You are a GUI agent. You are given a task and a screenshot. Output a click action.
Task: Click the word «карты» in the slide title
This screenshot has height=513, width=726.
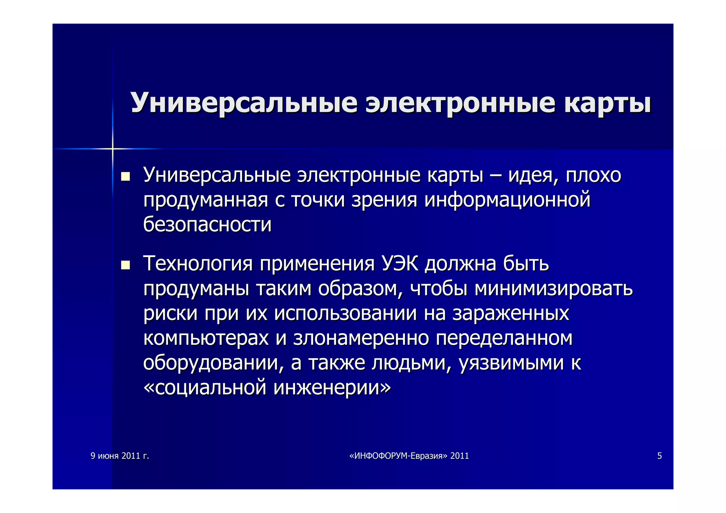pyautogui.click(x=607, y=103)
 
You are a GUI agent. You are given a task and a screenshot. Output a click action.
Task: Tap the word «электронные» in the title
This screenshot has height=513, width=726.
pyautogui.click(x=460, y=103)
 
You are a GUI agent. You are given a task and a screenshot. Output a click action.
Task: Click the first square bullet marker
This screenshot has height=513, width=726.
pyautogui.click(x=125, y=176)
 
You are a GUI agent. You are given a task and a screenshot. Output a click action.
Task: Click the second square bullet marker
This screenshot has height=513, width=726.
pyautogui.click(x=125, y=265)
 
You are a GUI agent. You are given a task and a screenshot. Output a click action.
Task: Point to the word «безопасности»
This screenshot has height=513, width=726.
pyautogui.click(x=207, y=224)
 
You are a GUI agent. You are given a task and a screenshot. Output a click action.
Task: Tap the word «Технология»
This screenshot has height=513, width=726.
pyautogui.click(x=198, y=264)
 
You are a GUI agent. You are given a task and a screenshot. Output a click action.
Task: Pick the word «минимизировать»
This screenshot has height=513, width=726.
pyautogui.click(x=553, y=289)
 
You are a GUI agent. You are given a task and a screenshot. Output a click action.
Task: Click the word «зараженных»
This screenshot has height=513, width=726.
pyautogui.click(x=510, y=313)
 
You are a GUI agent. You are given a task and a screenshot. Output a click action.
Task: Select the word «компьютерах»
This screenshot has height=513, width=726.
pyautogui.click(x=206, y=338)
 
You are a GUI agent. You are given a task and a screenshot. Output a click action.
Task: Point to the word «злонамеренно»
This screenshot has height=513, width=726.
pyautogui.click(x=361, y=338)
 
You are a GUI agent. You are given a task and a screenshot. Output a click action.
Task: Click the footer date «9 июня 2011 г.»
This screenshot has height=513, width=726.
pyautogui.click(x=120, y=456)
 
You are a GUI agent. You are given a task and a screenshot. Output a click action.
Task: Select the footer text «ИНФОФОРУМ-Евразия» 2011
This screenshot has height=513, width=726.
pyautogui.click(x=409, y=456)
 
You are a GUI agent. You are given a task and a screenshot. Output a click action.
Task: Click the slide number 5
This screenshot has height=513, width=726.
pyautogui.click(x=659, y=456)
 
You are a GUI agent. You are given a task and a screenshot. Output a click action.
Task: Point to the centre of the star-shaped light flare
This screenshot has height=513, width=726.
pyautogui.click(x=112, y=149)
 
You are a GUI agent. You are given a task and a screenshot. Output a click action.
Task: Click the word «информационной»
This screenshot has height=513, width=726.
pyautogui.click(x=507, y=200)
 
